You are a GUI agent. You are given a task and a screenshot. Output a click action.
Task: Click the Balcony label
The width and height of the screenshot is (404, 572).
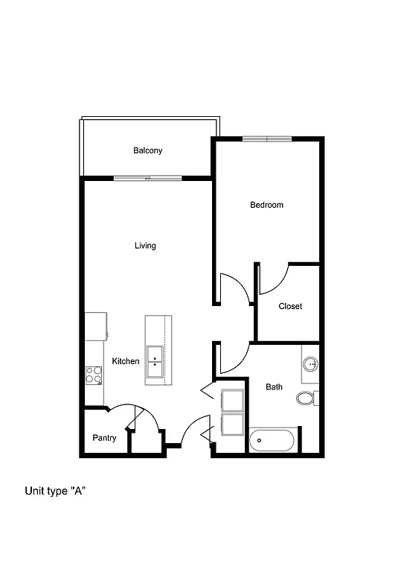point(147,150)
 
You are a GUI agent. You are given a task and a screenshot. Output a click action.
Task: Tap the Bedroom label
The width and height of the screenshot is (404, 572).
point(266,205)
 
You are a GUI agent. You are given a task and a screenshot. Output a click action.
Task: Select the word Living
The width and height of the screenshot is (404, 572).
point(145,246)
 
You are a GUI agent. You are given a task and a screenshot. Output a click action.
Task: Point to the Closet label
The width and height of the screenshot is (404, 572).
point(290,306)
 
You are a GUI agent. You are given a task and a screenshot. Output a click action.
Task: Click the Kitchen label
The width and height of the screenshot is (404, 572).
point(126,361)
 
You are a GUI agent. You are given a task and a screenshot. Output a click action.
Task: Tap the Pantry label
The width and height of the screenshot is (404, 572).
point(104,438)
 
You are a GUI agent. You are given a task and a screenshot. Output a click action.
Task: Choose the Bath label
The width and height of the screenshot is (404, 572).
point(275,387)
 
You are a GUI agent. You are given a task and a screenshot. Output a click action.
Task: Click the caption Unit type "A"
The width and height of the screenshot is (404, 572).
point(57,491)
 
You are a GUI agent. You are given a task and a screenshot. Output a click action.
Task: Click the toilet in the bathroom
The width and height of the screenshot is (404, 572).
point(307,398)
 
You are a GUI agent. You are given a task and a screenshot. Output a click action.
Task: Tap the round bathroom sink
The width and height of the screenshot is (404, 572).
point(311,364)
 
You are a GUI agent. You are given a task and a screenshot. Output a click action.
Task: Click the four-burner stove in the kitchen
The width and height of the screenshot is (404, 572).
point(94,374)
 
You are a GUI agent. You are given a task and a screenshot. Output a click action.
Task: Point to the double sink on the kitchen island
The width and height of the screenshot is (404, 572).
point(155,359)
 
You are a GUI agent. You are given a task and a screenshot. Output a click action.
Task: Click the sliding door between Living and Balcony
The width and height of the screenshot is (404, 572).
point(148,177)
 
